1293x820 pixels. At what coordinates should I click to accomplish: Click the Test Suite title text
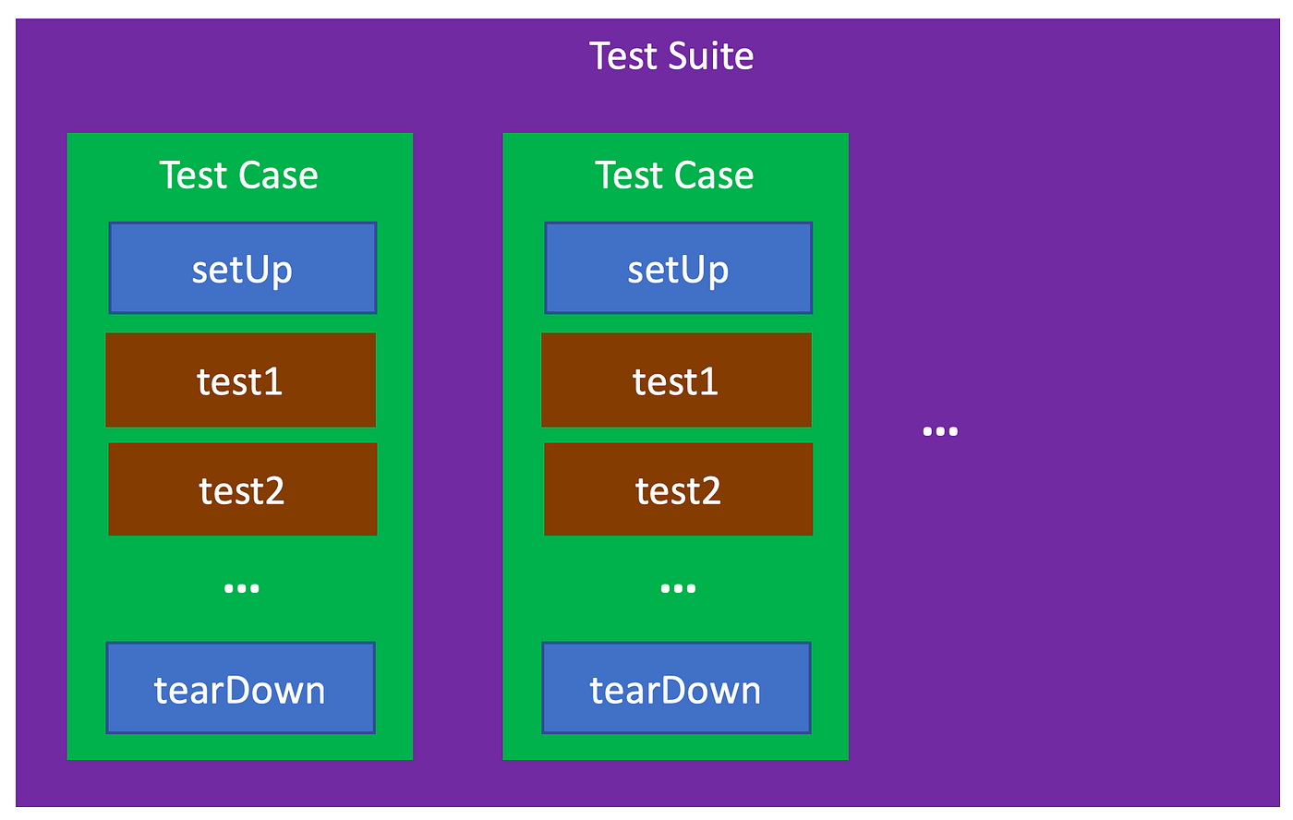tap(671, 56)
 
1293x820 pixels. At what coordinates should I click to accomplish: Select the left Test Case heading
tap(238, 175)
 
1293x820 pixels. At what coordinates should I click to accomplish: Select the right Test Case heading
tap(674, 175)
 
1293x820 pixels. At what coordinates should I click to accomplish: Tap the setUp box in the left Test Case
tap(243, 268)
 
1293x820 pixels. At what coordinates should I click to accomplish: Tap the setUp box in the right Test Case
tap(678, 268)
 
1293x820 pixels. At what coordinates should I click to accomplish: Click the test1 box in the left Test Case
tap(240, 380)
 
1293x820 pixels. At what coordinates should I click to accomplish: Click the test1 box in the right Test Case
tap(676, 380)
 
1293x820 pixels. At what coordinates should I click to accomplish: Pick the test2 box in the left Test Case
tap(242, 489)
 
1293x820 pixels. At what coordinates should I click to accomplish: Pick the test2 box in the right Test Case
tap(678, 489)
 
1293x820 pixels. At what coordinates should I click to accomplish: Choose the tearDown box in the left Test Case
tap(240, 689)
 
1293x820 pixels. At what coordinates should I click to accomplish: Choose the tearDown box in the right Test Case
tap(676, 689)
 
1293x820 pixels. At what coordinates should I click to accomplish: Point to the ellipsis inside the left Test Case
tap(242, 588)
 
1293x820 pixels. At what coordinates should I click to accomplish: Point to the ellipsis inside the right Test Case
tap(678, 588)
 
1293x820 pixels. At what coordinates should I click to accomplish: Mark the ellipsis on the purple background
tap(940, 431)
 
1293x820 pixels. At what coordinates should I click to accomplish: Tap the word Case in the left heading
tap(279, 175)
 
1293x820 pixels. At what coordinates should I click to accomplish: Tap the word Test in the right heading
tap(628, 175)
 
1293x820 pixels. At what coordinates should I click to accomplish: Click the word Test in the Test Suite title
tap(623, 56)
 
